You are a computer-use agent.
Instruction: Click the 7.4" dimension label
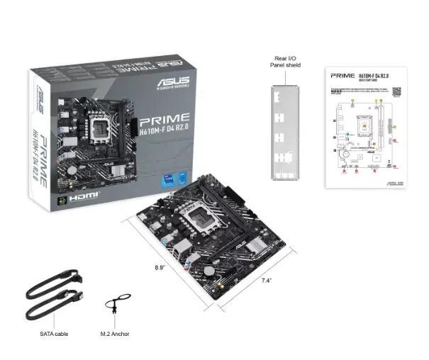point(267,281)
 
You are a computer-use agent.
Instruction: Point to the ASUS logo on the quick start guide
point(394,184)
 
